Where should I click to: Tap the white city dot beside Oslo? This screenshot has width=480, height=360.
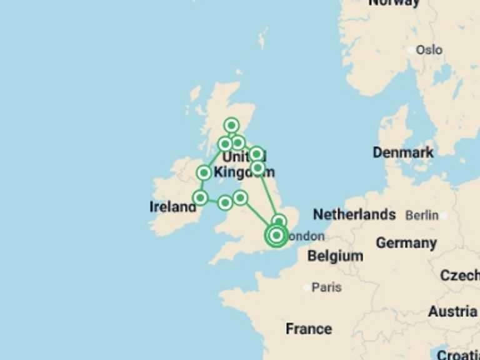pyautogui.click(x=411, y=49)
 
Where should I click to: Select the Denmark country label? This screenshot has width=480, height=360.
pyautogui.click(x=403, y=152)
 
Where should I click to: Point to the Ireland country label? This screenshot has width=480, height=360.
pyautogui.click(x=172, y=207)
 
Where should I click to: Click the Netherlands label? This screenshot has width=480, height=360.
pyautogui.click(x=354, y=215)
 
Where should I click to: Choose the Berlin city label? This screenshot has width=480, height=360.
pyautogui.click(x=422, y=216)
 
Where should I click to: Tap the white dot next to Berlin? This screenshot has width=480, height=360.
pyautogui.click(x=443, y=216)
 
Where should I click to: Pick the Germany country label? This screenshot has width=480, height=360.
pyautogui.click(x=406, y=243)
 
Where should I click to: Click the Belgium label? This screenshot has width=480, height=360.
pyautogui.click(x=335, y=256)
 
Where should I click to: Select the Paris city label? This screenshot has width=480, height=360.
pyautogui.click(x=326, y=287)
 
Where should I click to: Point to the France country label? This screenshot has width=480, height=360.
pyautogui.click(x=309, y=329)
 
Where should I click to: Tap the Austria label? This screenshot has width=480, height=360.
pyautogui.click(x=452, y=311)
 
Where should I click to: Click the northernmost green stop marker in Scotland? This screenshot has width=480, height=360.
pyautogui.click(x=232, y=125)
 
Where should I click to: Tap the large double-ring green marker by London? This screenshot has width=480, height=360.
pyautogui.click(x=276, y=236)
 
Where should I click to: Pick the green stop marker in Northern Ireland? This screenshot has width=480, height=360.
pyautogui.click(x=204, y=173)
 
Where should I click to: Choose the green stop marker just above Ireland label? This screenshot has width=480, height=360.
pyautogui.click(x=200, y=197)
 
